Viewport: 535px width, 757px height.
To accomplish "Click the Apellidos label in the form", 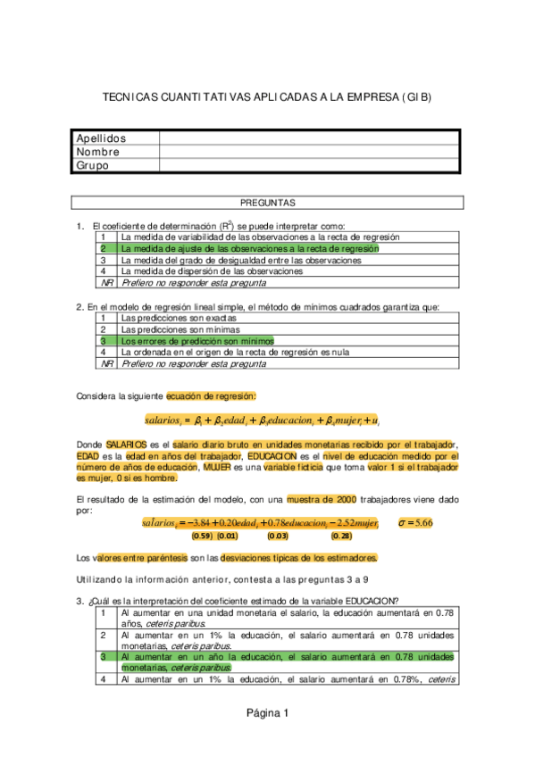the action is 101,138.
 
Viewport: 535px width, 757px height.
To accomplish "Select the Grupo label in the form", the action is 93,165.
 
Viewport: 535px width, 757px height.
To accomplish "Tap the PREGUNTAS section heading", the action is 268,204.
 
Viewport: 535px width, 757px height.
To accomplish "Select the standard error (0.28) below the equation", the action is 341,536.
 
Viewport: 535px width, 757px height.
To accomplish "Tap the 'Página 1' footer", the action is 267,712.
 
